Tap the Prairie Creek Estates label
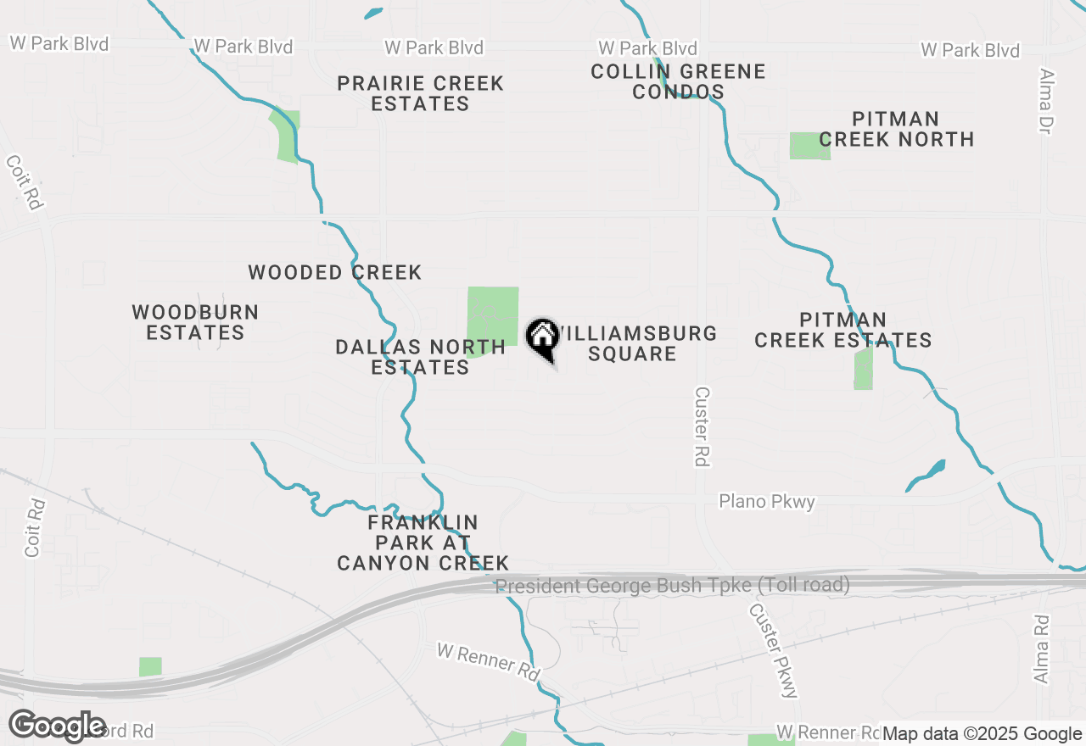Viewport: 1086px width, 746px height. click(x=420, y=93)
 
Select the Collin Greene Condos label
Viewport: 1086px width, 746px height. click(x=678, y=81)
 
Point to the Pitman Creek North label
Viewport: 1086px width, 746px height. click(x=896, y=129)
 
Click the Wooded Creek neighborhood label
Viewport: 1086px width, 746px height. click(x=334, y=272)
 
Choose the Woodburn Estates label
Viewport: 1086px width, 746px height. click(x=195, y=322)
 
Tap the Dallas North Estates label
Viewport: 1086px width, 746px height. click(x=420, y=357)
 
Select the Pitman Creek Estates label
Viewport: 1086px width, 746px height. click(x=842, y=330)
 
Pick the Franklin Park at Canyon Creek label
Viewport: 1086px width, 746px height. click(x=423, y=543)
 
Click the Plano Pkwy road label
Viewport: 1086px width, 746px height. click(x=767, y=502)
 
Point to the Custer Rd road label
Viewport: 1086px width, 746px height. click(x=702, y=426)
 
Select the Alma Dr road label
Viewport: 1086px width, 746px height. click(x=1044, y=101)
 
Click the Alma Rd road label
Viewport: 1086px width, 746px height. click(x=1042, y=649)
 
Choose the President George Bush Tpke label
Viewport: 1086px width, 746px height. click(x=672, y=585)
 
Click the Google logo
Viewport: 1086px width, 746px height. click(x=57, y=726)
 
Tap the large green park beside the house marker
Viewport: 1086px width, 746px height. click(x=493, y=316)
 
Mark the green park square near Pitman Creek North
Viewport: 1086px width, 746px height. click(x=809, y=146)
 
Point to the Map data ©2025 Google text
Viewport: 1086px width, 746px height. click(x=982, y=733)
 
